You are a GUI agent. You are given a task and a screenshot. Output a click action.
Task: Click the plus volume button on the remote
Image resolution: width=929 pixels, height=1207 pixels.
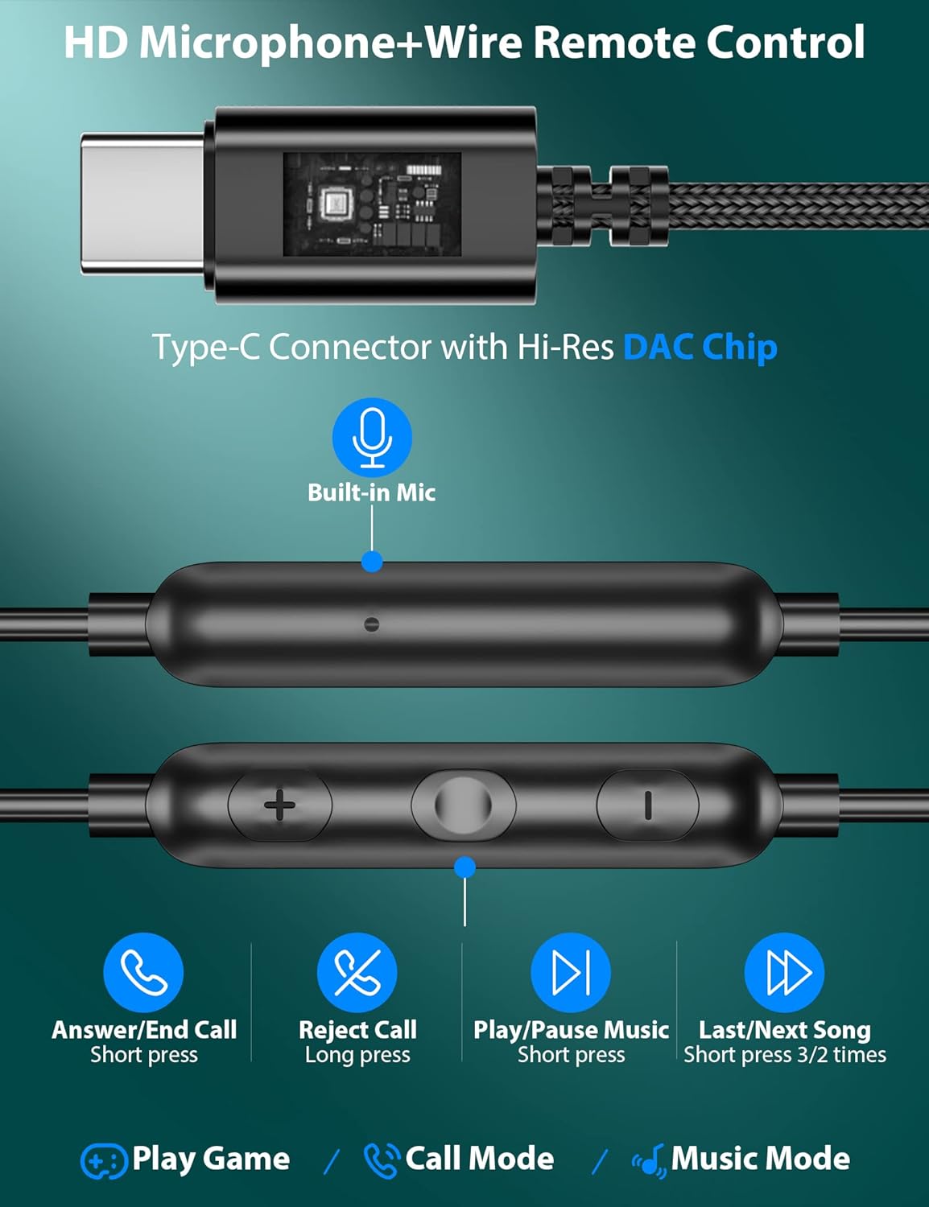(280, 805)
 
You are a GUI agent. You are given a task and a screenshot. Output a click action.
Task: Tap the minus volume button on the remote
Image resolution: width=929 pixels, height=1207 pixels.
(648, 805)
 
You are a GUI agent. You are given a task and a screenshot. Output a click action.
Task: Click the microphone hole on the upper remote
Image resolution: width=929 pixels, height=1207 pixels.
(371, 624)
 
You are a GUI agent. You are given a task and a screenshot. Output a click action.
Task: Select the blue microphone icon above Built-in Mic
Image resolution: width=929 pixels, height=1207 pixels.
(372, 437)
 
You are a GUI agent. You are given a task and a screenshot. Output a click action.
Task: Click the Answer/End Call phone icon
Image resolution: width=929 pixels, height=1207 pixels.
(143, 973)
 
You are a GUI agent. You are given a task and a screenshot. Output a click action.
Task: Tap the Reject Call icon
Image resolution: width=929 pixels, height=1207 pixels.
(357, 973)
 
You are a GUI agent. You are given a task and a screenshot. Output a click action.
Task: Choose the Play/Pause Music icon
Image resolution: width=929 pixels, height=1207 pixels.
(571, 973)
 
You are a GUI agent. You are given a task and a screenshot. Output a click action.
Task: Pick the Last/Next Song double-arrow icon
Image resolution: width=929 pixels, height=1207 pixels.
(785, 973)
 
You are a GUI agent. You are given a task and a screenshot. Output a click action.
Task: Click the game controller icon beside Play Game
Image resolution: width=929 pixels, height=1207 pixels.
(103, 1160)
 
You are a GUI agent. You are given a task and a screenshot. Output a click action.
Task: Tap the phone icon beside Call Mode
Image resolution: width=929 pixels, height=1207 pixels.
(382, 1160)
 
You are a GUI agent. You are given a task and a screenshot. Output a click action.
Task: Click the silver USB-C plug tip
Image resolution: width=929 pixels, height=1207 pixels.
(142, 204)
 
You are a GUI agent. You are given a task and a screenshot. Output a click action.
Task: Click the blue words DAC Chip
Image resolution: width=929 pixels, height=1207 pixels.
(700, 347)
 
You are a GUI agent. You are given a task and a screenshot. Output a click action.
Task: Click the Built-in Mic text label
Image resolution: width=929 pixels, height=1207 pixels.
(372, 492)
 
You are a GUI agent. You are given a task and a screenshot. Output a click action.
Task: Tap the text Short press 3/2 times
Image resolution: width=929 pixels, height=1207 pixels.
(785, 1055)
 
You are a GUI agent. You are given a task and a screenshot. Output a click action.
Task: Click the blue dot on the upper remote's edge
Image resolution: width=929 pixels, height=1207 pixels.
(372, 562)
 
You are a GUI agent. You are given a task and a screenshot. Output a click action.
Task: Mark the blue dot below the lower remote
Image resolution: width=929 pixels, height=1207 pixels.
(465, 867)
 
